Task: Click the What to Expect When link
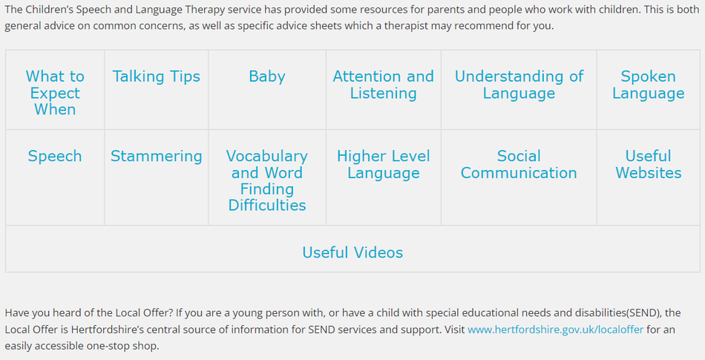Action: click(55, 93)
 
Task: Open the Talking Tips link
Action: click(156, 76)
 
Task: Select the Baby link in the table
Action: click(266, 76)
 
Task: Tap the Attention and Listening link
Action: click(383, 85)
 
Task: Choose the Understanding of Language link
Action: click(519, 85)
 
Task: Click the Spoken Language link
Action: click(648, 85)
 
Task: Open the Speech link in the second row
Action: click(55, 156)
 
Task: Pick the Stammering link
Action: click(156, 156)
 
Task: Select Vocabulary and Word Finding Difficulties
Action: click(266, 180)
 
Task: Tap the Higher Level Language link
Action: click(383, 164)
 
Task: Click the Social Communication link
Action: click(519, 164)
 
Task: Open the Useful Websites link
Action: click(648, 164)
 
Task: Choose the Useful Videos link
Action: click(352, 252)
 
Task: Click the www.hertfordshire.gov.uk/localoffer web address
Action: click(555, 330)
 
